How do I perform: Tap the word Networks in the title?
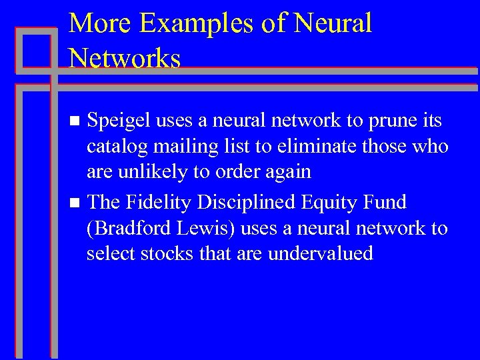pos(125,59)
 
